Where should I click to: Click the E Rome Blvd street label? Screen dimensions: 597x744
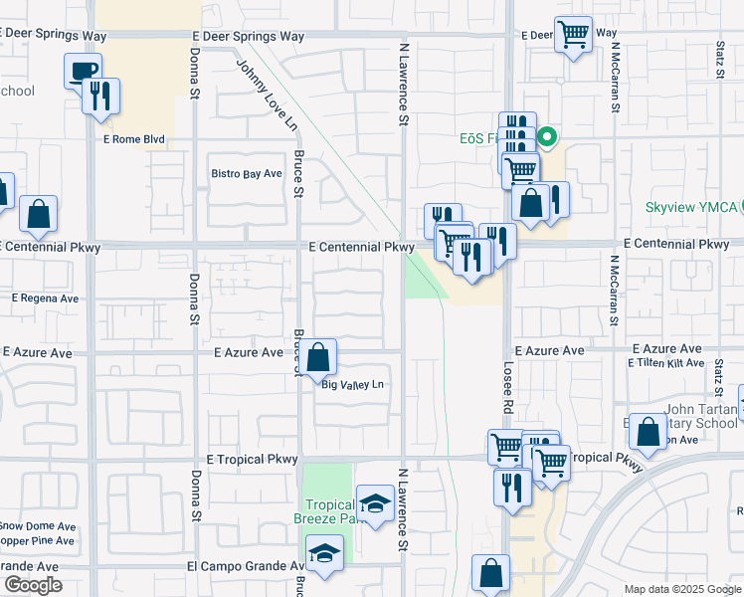pyautogui.click(x=132, y=140)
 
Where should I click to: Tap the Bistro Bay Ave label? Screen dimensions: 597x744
pyautogui.click(x=247, y=173)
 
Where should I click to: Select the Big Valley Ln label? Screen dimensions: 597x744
pyautogui.click(x=351, y=385)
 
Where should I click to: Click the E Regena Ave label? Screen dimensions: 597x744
pyautogui.click(x=45, y=298)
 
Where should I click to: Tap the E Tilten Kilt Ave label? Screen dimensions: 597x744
pyautogui.click(x=665, y=363)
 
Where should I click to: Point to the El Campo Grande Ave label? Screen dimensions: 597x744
pyautogui.click(x=245, y=566)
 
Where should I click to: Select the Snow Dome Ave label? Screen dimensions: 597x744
pyautogui.click(x=37, y=525)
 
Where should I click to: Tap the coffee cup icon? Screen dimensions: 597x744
pyautogui.click(x=84, y=71)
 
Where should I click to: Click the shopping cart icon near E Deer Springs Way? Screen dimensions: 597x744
pyautogui.click(x=573, y=34)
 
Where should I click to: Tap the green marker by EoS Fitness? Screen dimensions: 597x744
pyautogui.click(x=546, y=137)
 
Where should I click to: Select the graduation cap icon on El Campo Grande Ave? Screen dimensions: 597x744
pyautogui.click(x=324, y=552)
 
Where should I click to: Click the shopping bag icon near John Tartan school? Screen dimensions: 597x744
pyautogui.click(x=648, y=432)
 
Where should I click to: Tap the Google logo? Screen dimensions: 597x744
pyautogui.click(x=33, y=585)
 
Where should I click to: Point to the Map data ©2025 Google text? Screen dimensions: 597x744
pyautogui.click(x=681, y=589)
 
